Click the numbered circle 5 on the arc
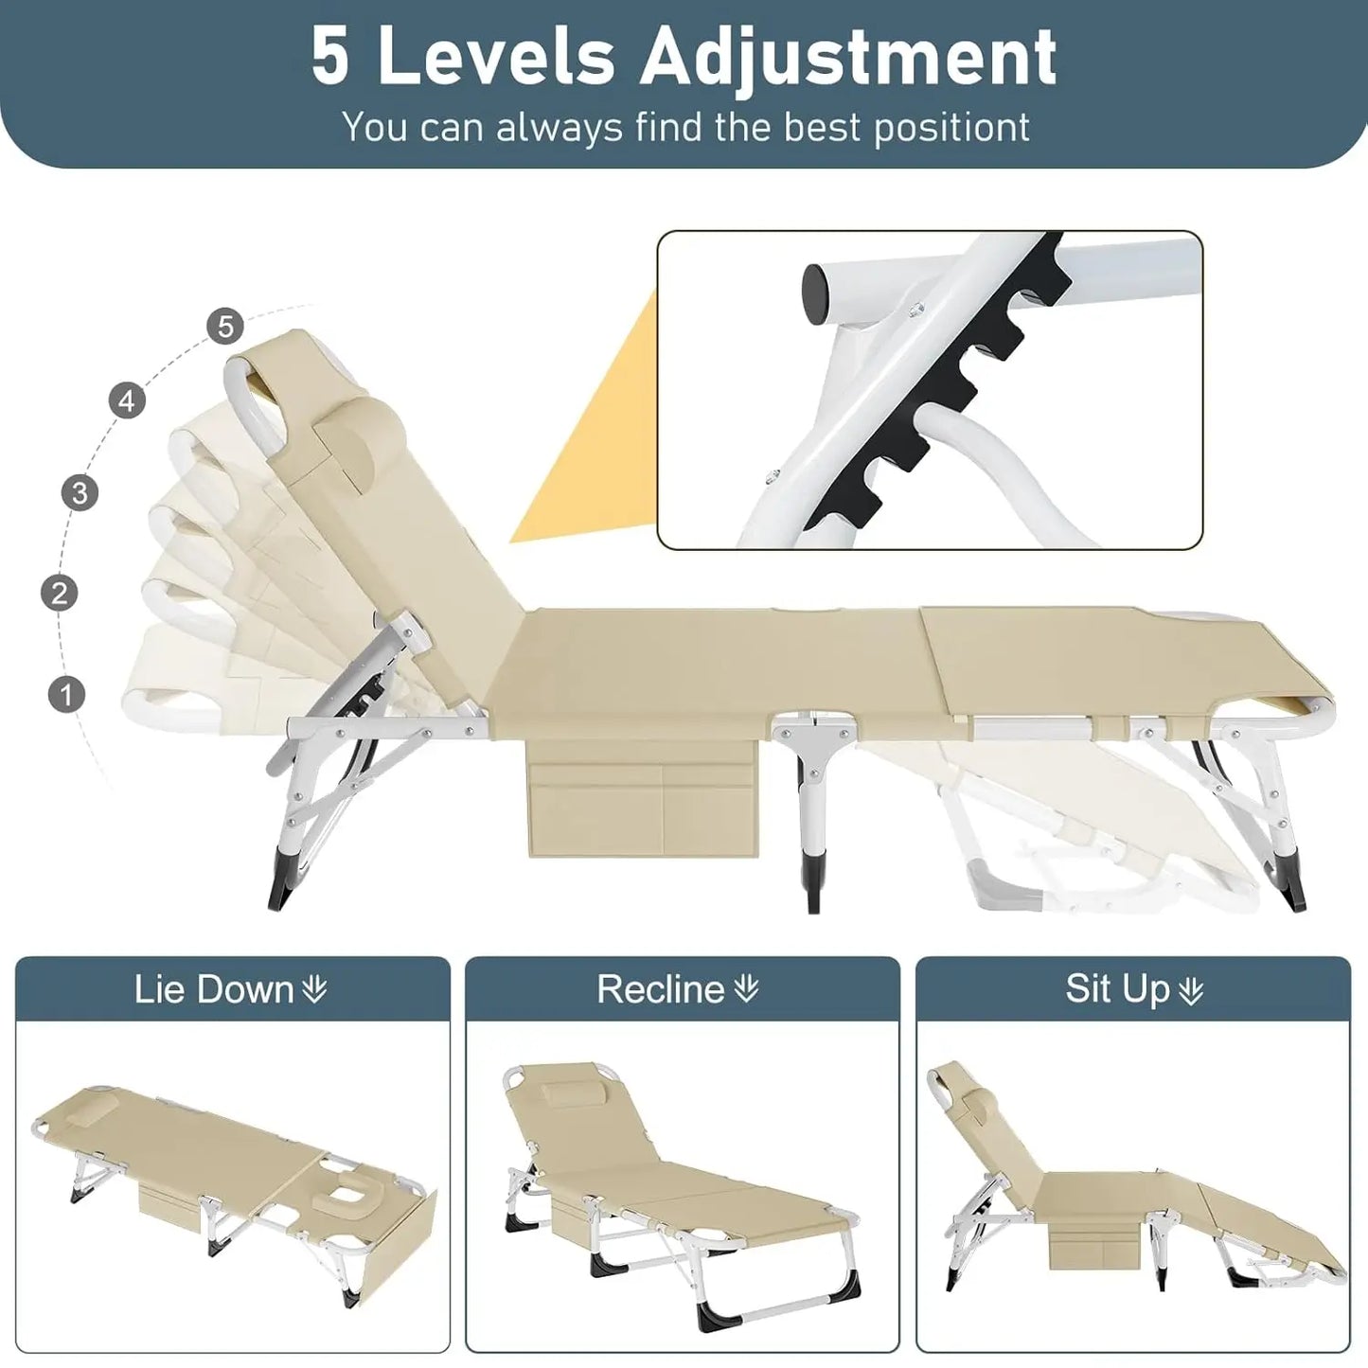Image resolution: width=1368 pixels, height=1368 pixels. tap(225, 327)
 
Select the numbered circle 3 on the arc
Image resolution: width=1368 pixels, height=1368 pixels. tap(80, 492)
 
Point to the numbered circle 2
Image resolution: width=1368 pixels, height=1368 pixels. tap(60, 594)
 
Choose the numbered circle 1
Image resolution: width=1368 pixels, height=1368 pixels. tap(66, 694)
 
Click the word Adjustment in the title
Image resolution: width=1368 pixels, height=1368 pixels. tap(848, 59)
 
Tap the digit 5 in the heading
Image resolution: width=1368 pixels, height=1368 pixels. tap(330, 59)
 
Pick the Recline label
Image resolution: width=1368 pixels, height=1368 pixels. tap(660, 989)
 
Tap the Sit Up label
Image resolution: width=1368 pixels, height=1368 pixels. tap(1117, 989)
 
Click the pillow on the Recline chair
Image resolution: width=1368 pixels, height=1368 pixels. tap(565, 1095)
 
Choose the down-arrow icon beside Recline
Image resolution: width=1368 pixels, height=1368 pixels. tap(746, 990)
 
